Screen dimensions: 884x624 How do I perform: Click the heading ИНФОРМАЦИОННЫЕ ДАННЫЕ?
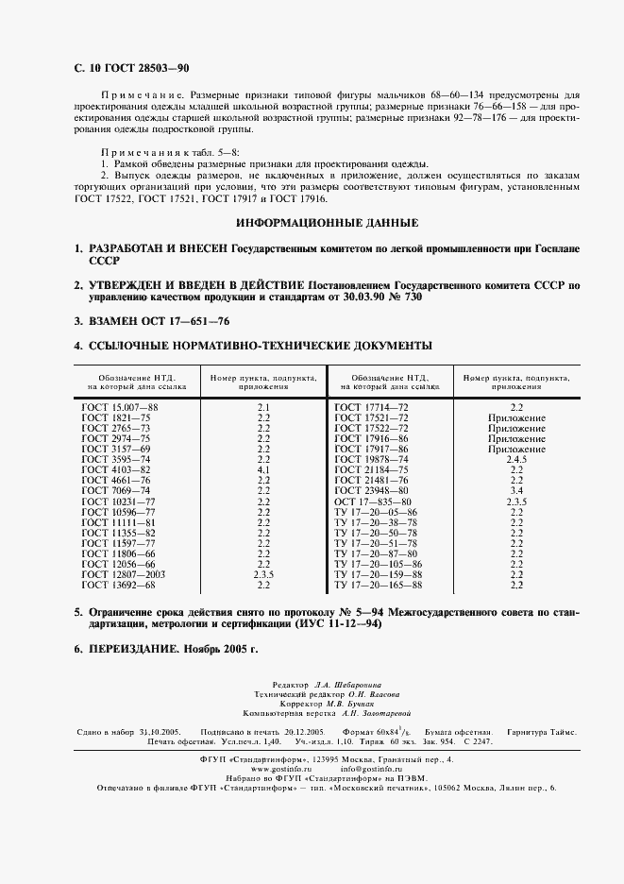(x=328, y=223)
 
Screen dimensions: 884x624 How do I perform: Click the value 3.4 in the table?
(x=516, y=491)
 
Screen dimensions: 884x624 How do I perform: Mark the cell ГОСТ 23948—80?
(x=372, y=491)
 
